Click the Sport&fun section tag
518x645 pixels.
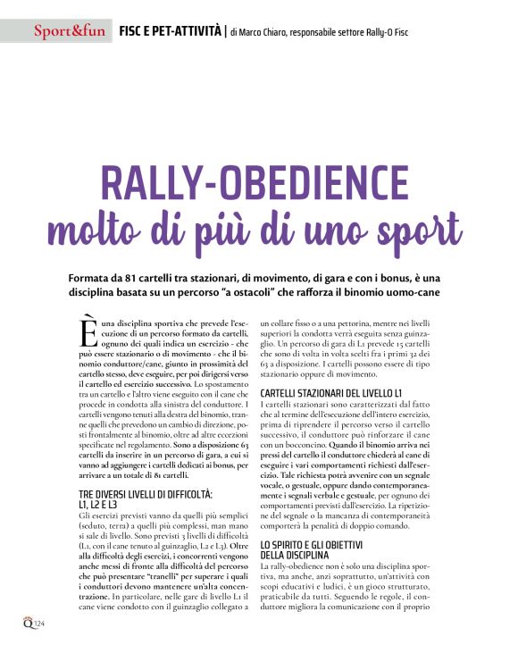click(x=70, y=33)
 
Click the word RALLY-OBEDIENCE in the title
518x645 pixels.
click(x=259, y=182)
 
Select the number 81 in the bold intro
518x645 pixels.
click(x=146, y=278)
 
